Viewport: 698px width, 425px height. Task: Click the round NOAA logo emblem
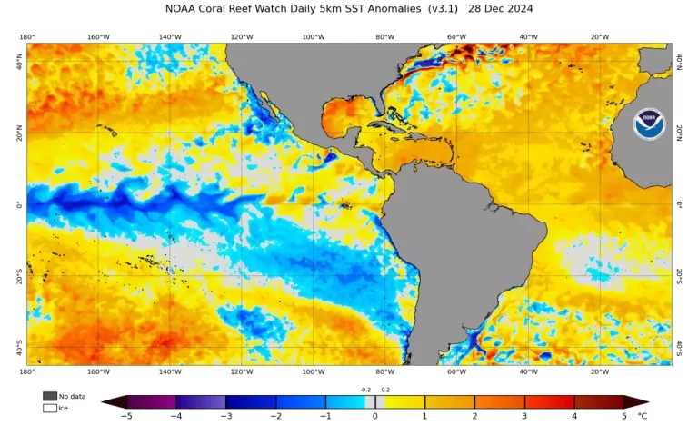click(x=649, y=124)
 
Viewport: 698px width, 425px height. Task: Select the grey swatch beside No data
click(x=49, y=396)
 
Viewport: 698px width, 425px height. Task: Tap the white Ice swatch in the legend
click(x=49, y=408)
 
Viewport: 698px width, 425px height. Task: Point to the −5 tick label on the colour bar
click(x=127, y=416)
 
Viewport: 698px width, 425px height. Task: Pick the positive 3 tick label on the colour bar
click(x=524, y=416)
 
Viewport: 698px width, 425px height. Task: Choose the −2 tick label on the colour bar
click(x=276, y=416)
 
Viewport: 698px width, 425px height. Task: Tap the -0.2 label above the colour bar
click(x=365, y=389)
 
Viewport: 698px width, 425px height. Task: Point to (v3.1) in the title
click(x=446, y=9)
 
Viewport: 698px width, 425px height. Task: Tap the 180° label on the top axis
click(x=26, y=37)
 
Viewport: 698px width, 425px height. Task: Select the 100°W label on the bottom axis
click(x=313, y=371)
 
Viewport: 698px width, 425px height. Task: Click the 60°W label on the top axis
click(x=456, y=37)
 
